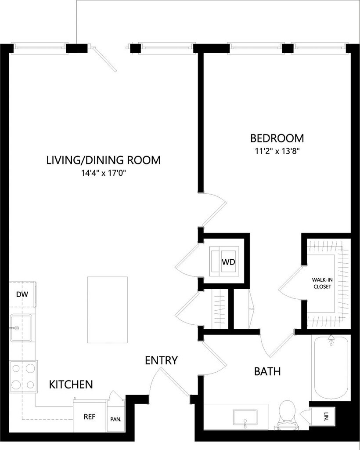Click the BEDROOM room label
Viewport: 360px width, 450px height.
coord(277,138)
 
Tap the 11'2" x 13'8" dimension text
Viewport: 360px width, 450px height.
coord(277,151)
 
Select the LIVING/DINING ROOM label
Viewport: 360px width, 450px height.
coord(104,160)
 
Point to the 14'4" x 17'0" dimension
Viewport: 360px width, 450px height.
coord(104,173)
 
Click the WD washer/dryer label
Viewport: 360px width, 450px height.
coord(228,262)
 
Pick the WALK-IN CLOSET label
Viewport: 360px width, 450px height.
coord(322,283)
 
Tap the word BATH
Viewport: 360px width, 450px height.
coord(267,371)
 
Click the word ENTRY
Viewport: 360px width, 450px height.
coord(162,360)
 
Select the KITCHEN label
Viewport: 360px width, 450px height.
coord(71,385)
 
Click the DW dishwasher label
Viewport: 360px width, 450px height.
coord(22,294)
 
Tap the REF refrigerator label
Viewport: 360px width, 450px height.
coord(90,417)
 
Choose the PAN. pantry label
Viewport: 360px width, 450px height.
coord(116,419)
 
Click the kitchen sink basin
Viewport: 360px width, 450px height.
coord(21,327)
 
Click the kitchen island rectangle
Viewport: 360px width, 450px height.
coord(108,310)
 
